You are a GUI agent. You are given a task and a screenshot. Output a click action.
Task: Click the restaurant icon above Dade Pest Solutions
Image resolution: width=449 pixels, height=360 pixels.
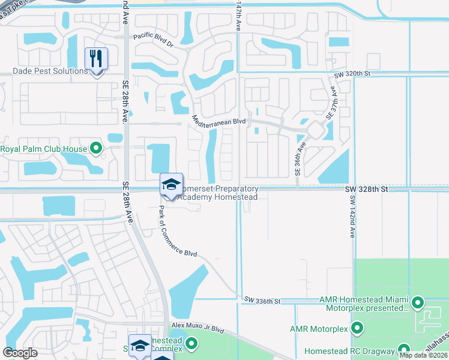point(96,59)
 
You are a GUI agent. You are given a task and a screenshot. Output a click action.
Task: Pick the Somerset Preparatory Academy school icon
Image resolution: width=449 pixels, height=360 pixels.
point(171,184)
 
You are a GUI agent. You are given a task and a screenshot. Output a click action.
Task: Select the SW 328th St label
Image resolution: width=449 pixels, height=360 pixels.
point(367,188)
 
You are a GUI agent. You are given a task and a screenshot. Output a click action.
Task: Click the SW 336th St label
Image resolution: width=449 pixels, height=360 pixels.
point(263,300)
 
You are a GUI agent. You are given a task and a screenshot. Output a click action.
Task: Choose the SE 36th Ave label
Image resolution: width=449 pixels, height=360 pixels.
point(298,158)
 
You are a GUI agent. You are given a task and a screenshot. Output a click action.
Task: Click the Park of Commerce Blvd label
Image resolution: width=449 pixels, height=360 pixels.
point(177,232)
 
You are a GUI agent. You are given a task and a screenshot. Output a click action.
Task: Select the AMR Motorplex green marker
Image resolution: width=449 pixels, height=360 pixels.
point(358,328)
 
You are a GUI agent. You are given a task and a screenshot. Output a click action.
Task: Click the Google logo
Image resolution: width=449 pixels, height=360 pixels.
point(20,353)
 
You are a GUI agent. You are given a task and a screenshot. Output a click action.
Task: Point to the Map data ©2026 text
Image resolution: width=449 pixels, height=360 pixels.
point(423,355)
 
